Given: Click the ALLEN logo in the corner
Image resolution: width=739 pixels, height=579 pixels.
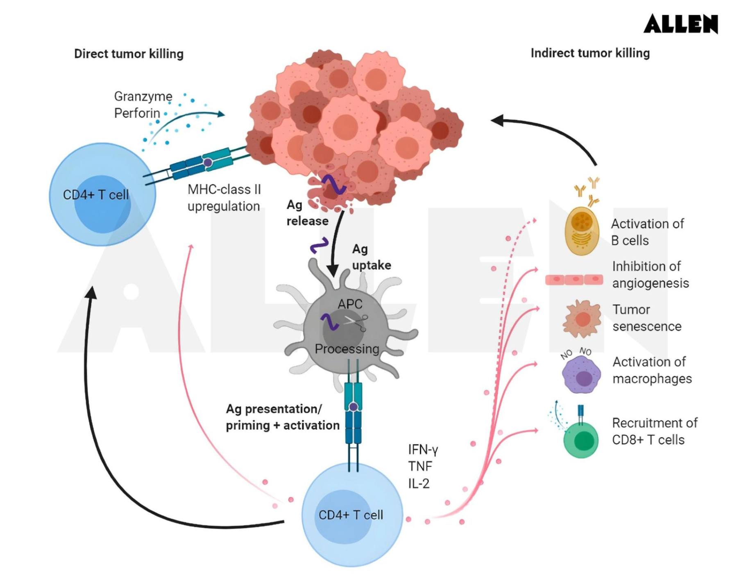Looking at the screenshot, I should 680,24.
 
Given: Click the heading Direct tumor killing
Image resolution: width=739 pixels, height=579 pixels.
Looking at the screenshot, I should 129,54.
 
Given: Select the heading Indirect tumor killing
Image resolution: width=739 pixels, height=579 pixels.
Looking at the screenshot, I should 590,53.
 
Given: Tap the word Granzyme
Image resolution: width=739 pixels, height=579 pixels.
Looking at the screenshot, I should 143,96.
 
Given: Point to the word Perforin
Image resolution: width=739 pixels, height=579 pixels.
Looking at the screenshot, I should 137,113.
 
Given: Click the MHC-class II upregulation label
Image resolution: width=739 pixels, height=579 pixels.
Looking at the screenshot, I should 224,198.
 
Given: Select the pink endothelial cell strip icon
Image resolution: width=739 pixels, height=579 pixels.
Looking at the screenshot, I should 574,280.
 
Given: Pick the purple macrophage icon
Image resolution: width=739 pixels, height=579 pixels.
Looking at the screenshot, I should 582,374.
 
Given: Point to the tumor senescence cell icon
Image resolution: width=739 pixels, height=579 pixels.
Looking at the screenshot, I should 582,319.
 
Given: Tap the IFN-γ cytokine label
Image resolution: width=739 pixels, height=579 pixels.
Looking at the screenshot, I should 423,450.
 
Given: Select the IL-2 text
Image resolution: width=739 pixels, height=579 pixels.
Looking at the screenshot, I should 419,483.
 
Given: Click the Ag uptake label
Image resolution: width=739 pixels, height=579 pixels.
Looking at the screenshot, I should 371,257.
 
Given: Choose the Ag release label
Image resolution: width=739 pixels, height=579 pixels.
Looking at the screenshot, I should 307,213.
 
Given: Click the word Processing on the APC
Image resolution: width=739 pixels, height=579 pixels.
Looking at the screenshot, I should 347,349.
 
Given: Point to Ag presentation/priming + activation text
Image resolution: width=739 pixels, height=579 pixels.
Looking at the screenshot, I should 282,417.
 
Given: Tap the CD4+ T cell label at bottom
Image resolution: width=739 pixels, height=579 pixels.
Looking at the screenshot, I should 351,515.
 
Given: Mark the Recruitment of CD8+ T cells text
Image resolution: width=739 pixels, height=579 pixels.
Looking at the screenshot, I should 654,431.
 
